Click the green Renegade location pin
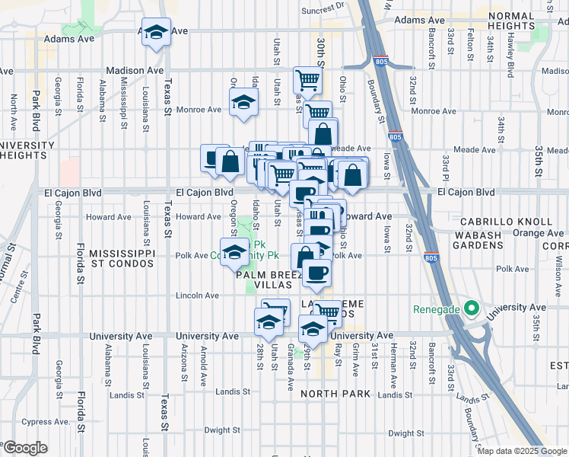point(471,309)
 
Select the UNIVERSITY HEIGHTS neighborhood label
point(27,152)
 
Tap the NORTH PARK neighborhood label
point(335,394)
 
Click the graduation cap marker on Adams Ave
point(156,33)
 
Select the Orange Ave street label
point(537,233)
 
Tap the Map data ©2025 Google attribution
point(521,451)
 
